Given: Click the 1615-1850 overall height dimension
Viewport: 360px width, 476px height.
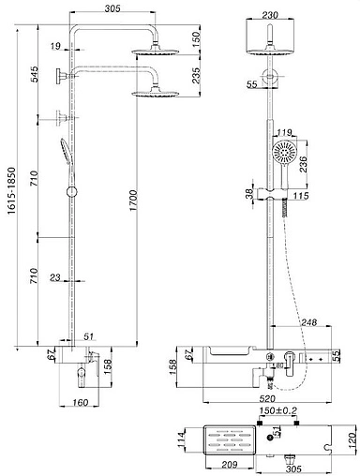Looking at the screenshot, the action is (12, 190).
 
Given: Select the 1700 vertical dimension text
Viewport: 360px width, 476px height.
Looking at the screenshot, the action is (133, 201).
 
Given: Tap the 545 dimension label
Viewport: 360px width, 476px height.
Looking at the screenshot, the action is (34, 74).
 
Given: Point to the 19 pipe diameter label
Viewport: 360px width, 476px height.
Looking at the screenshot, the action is (55, 47).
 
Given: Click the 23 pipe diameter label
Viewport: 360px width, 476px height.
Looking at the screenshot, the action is (55, 277).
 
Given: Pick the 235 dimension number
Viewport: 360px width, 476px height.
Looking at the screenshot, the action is (196, 76).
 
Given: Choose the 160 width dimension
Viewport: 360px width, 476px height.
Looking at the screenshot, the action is (81, 403).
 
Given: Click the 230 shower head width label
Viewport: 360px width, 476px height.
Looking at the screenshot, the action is (270, 15).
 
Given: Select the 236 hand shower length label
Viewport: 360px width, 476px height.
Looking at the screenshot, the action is (303, 163).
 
